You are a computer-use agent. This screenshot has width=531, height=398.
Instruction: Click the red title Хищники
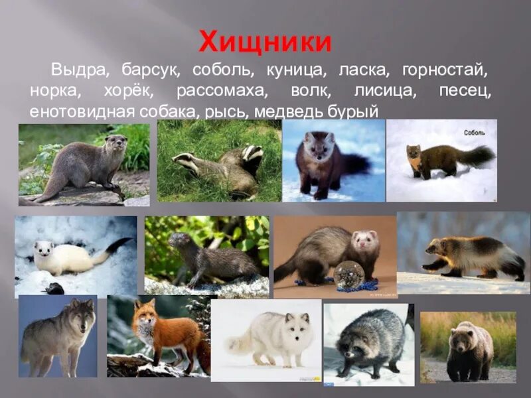[265, 42]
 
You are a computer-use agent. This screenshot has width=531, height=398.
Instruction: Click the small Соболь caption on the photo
[475, 132]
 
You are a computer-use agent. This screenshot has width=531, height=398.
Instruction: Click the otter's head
[116, 142]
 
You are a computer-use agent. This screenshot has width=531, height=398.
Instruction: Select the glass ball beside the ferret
[348, 273]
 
